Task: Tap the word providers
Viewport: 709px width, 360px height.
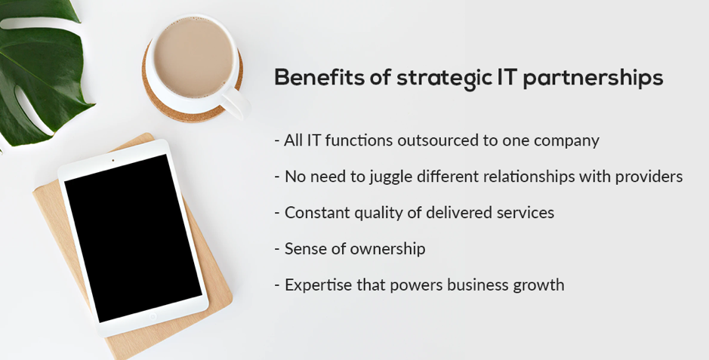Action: point(649,177)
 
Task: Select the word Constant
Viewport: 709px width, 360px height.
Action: point(315,213)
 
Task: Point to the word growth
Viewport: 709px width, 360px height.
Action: point(538,285)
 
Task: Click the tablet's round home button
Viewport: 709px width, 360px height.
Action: point(152,316)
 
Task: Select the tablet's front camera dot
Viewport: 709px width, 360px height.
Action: point(113,160)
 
